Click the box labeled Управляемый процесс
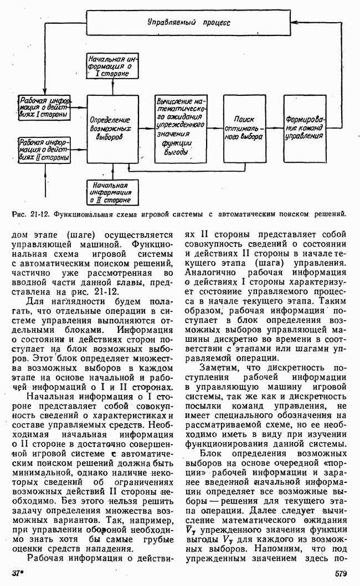point(188,23)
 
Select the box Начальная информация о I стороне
point(114,65)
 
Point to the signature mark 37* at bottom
point(19,574)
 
